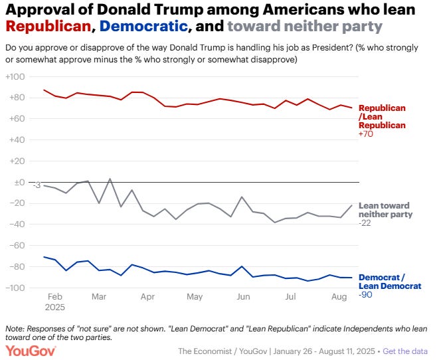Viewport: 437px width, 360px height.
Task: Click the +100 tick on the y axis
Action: [x=15, y=77]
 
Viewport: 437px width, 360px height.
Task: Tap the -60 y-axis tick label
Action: [x=16, y=246]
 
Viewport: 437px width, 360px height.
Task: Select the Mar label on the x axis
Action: [x=99, y=296]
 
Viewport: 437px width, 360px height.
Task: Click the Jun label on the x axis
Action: [x=243, y=296]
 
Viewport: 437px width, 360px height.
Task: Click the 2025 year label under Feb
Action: [x=55, y=307]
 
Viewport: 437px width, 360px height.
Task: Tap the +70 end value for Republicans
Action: [x=367, y=134]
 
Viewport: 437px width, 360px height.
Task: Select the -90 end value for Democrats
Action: [x=366, y=294]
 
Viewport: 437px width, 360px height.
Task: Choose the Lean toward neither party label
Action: [x=385, y=210]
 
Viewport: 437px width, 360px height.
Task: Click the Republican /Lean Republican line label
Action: [x=382, y=116]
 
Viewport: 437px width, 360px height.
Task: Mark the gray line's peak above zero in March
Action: [x=109, y=179]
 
